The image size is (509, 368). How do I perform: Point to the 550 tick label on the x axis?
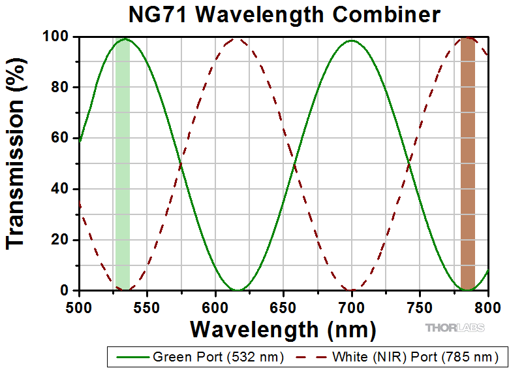147,305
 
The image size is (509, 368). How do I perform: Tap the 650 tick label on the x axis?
283,305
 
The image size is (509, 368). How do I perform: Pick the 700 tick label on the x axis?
352,305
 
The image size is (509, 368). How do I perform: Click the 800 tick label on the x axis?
487,305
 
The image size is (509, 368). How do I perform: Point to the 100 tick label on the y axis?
55,37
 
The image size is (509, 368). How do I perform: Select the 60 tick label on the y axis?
59,138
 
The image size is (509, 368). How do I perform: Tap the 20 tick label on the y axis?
59,240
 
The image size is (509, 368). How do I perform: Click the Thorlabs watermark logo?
455,327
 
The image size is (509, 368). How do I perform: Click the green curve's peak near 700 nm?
352,41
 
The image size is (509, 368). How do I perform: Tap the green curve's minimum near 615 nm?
239,290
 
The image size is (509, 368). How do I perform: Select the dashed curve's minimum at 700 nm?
352,290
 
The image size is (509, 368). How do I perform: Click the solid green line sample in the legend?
132,357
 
